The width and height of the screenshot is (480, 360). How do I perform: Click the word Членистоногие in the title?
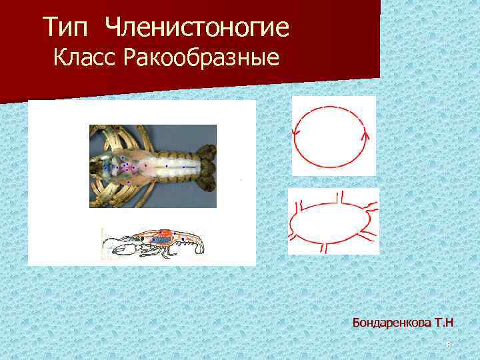198,28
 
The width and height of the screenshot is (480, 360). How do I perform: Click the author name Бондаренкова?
392,323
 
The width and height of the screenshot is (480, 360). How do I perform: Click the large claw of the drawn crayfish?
124,250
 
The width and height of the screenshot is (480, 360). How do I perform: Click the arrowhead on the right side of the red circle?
365,137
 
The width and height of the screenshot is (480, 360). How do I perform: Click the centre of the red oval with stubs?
331,222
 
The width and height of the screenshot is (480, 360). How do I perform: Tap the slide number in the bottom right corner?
449,345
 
